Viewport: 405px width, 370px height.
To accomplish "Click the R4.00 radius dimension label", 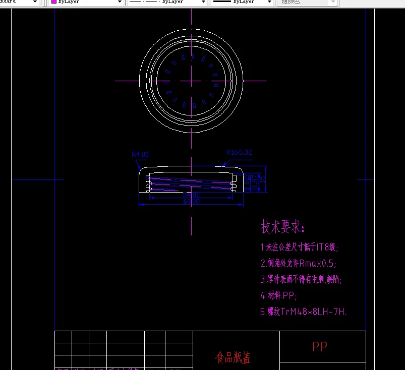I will coord(140,154).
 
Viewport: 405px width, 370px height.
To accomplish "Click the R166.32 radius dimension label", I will coord(239,152).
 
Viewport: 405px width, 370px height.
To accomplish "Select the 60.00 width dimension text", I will coord(191,202).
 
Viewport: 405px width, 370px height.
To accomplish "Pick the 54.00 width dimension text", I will coord(192,195).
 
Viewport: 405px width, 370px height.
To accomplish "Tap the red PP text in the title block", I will coord(320,346).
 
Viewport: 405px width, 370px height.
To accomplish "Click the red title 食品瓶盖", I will coord(233,357).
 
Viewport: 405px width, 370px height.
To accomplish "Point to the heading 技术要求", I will coord(282,227).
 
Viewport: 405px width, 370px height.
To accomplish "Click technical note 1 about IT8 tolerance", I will coord(300,247).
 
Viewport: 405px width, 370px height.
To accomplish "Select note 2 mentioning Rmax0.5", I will coord(298,263).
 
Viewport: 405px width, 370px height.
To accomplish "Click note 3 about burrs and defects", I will coord(304,279).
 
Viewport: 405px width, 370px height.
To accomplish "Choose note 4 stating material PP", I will coord(279,295).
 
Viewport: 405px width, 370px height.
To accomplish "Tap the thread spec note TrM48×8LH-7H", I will coord(303,312).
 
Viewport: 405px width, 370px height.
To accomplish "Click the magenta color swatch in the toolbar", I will coord(53,2).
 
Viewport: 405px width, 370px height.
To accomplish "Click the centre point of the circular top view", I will coord(192,81).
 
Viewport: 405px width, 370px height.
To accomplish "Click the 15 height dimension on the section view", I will coord(262,179).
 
